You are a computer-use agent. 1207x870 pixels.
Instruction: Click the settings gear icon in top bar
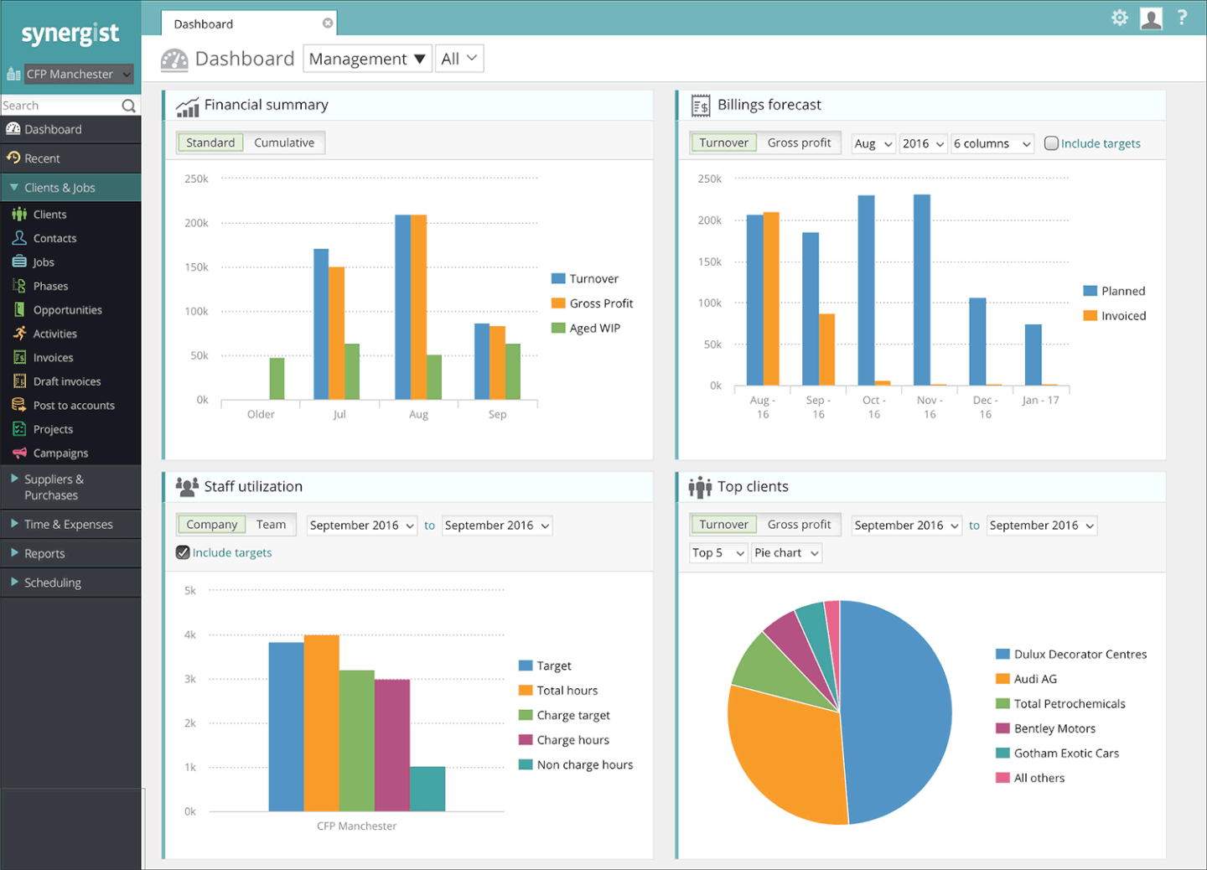click(x=1119, y=18)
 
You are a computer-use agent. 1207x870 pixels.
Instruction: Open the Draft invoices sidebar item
click(x=66, y=381)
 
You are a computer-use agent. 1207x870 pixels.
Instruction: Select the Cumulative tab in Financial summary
click(x=284, y=143)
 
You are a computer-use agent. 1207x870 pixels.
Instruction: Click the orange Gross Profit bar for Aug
click(x=418, y=307)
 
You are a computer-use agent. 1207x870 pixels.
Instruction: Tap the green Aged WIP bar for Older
click(x=277, y=379)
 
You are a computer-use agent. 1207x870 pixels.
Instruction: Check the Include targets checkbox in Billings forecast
click(x=1051, y=143)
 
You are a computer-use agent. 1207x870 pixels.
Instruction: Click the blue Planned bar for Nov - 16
click(x=921, y=289)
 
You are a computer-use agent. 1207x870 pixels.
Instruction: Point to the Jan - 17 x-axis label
click(x=1040, y=401)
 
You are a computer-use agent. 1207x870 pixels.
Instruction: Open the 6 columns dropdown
click(x=992, y=144)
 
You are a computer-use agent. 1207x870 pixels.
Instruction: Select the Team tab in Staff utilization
click(x=271, y=525)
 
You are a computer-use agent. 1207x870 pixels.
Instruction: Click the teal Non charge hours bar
click(x=427, y=789)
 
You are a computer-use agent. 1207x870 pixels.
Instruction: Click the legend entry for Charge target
click(x=573, y=716)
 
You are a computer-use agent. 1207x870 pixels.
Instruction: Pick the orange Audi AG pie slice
click(x=784, y=754)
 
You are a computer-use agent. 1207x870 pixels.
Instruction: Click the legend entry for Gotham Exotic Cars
click(x=1065, y=753)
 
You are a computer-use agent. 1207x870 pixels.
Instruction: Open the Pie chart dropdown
click(x=785, y=553)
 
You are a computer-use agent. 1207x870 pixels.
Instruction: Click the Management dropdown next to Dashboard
click(x=366, y=60)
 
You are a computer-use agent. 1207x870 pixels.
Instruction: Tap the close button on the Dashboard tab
click(x=328, y=23)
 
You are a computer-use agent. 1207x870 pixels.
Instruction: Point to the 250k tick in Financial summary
click(x=196, y=179)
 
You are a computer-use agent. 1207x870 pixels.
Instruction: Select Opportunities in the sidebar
click(x=67, y=310)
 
